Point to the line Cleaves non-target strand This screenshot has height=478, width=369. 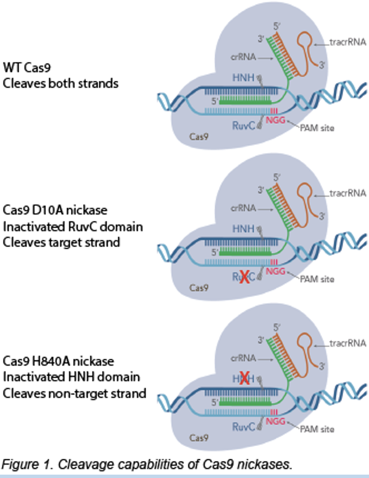tap(74, 393)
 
